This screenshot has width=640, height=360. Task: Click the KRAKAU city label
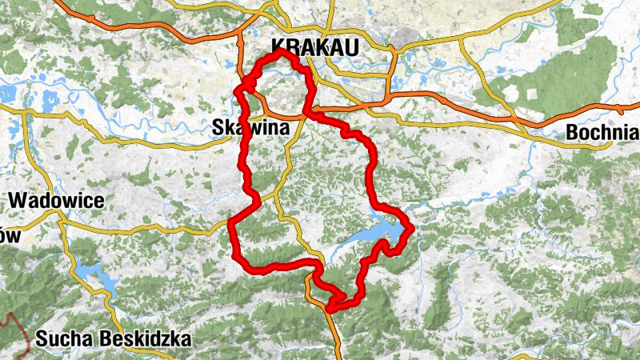315,47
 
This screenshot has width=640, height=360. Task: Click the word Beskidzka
146,339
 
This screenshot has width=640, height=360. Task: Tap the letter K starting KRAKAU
279,47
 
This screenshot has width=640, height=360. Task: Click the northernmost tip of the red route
282,52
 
